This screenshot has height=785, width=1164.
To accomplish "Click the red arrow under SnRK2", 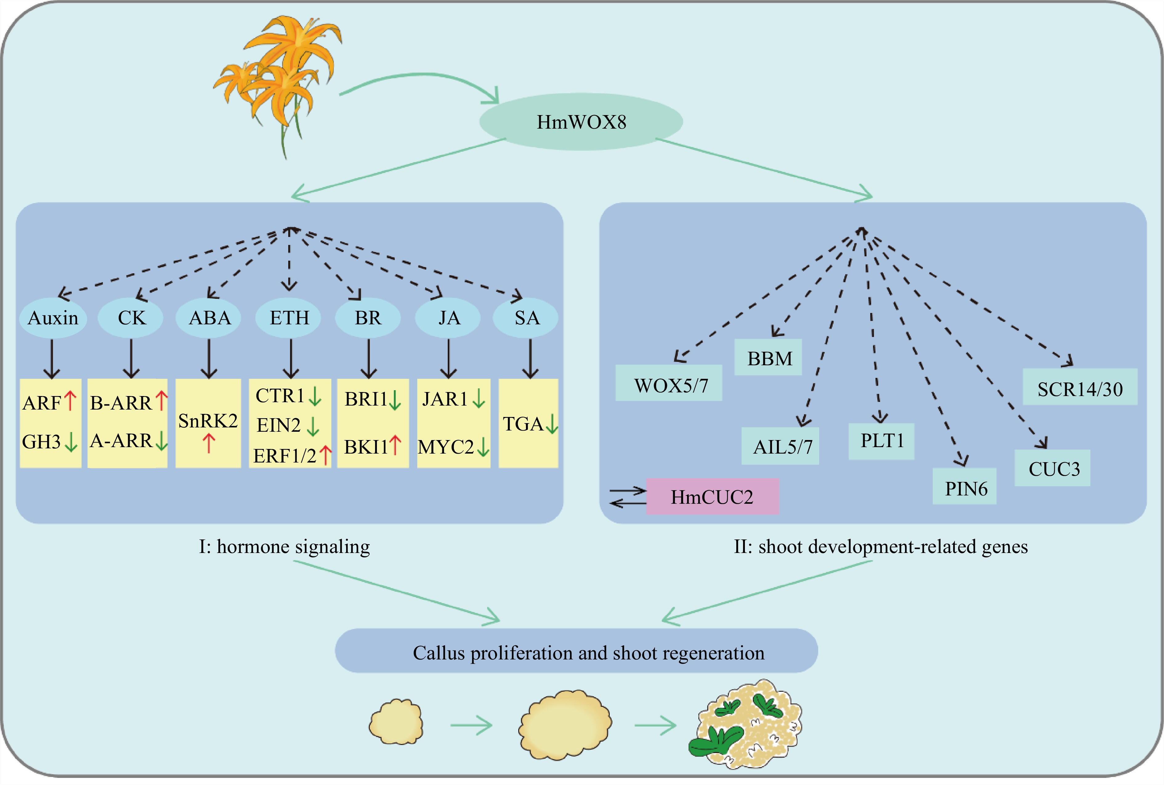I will tap(209, 443).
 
